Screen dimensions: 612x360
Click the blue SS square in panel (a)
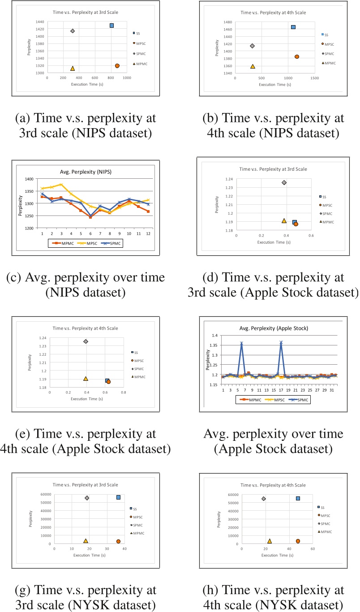(x=111, y=26)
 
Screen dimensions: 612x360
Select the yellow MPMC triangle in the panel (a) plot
(x=72, y=68)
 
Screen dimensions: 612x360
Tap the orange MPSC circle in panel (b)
(x=296, y=56)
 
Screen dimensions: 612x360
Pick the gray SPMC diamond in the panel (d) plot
(x=284, y=182)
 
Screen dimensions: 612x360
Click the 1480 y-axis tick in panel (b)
(x=227, y=22)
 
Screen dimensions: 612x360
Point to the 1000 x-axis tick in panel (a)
(x=127, y=78)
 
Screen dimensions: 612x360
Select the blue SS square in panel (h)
(x=298, y=498)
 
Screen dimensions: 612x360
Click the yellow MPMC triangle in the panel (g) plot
(x=86, y=541)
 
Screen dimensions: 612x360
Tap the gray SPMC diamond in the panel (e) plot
(x=86, y=341)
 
